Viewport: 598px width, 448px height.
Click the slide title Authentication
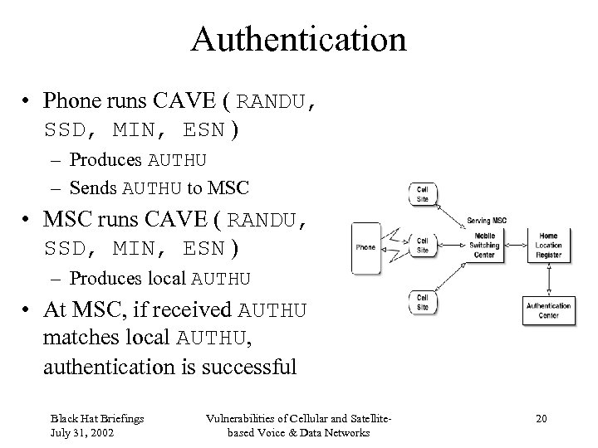tap(299, 38)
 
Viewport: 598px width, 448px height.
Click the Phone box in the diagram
tap(365, 247)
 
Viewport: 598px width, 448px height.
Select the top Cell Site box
tap(422, 193)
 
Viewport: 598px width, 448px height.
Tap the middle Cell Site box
tap(422, 245)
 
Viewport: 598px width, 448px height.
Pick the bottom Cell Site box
tap(422, 302)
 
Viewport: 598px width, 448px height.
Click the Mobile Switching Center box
tap(484, 245)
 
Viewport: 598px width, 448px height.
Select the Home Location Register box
tap(548, 245)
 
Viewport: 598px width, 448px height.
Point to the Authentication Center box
tap(548, 310)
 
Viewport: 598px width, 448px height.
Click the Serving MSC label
tap(486, 220)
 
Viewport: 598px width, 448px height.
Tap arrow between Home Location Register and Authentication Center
tap(548, 279)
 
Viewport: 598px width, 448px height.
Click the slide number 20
tap(541, 418)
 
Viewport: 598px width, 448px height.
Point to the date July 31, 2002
tap(84, 433)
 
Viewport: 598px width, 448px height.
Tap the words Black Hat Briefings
tap(96, 418)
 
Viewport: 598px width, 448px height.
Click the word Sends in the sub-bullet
tap(94, 187)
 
